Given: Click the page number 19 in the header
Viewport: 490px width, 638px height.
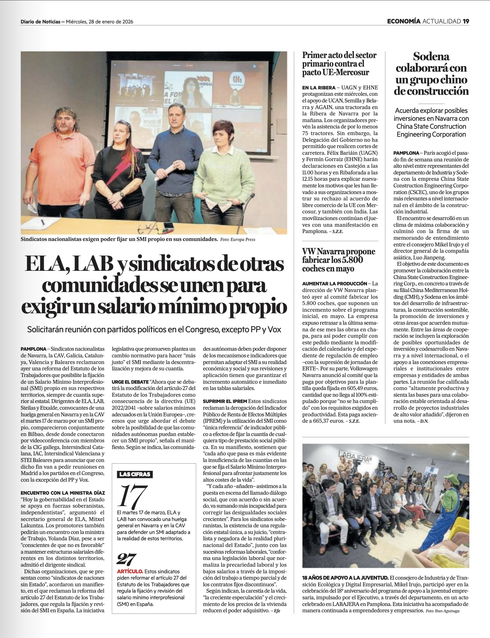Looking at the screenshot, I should (x=466, y=21).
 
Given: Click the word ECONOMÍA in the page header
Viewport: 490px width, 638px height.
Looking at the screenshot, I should (x=403, y=21).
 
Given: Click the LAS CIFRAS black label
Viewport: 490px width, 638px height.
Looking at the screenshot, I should (x=135, y=474).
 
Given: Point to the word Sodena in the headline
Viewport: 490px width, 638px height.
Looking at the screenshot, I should (x=431, y=56).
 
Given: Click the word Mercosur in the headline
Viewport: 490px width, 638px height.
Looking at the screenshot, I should (x=353, y=72).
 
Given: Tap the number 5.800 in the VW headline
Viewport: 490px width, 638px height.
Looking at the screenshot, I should (x=351, y=260).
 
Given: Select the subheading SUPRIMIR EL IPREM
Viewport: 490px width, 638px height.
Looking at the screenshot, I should (x=225, y=401).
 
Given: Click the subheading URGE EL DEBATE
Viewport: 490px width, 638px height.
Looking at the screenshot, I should (x=130, y=382).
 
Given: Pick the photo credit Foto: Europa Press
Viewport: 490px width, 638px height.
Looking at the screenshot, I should (x=238, y=239).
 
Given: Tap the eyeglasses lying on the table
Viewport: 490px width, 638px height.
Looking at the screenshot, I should (x=150, y=228).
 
